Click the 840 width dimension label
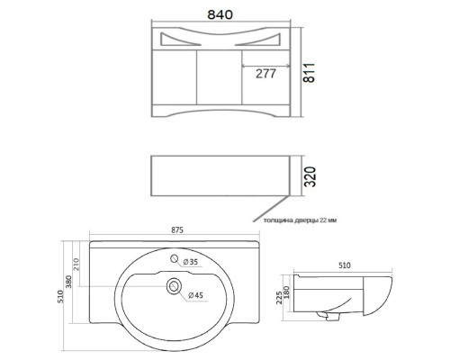tap(220, 14)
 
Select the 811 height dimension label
tap(310, 73)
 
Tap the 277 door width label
tap(265, 74)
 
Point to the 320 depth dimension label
tap(310, 176)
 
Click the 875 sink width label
tap(177, 230)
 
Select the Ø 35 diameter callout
tap(191, 262)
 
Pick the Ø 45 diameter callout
tap(195, 295)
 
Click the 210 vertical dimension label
tap(76, 264)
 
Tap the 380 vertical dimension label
tap(69, 282)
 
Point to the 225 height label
tap(279, 297)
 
